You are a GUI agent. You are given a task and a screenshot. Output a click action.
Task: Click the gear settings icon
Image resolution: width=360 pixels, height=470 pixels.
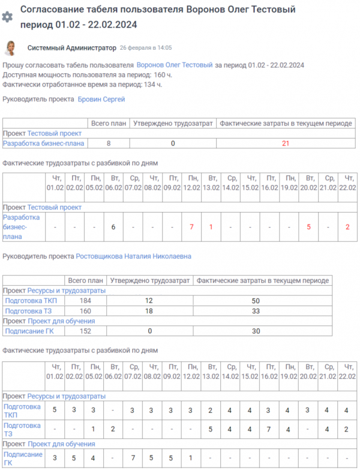point(7,17)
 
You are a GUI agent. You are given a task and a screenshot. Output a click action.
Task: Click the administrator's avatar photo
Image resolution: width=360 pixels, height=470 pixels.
point(10,48)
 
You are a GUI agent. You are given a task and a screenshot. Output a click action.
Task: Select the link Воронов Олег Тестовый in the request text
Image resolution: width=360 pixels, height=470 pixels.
point(175,65)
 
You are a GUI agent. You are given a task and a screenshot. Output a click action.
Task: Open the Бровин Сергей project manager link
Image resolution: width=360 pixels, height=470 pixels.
point(101,99)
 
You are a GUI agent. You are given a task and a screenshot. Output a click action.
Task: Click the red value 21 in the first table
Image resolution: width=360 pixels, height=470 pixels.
point(286,143)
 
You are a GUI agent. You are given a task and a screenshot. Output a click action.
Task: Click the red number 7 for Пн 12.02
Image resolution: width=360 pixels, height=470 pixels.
point(191,227)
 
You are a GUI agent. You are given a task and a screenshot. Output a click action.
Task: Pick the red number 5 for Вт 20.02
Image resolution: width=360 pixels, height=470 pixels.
point(308,227)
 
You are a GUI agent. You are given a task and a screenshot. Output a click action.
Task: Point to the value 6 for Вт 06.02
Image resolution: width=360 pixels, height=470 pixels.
point(113,227)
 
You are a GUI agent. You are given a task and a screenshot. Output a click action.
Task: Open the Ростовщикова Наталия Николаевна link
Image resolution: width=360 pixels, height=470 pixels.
point(133,256)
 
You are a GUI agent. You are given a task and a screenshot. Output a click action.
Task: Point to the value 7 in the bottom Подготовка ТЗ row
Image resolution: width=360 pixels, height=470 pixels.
point(269,429)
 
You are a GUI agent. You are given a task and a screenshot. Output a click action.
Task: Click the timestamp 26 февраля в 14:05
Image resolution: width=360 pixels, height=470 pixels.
point(146,47)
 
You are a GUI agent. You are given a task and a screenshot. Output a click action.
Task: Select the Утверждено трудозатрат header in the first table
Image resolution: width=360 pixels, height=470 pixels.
point(173,124)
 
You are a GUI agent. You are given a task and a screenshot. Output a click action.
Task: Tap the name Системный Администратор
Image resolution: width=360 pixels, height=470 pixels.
point(72,47)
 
